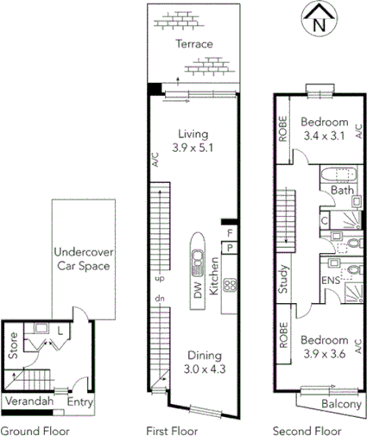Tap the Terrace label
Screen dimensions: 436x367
[193, 44]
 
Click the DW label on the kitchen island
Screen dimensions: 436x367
[198, 292]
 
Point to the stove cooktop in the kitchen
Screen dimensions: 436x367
[230, 285]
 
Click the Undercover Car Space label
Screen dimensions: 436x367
[82, 260]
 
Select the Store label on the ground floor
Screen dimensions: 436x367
[12, 346]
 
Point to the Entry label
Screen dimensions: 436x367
[80, 401]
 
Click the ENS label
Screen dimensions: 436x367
[331, 281]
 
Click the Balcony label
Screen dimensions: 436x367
[340, 403]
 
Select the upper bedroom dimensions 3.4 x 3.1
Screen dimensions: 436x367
[326, 136]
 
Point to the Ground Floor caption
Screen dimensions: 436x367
[35, 429]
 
